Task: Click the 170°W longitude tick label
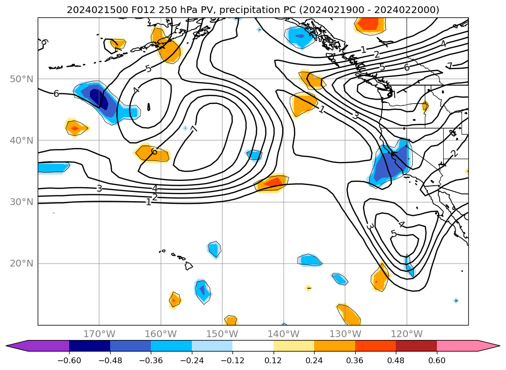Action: point(99,334)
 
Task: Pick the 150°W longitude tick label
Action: point(222,334)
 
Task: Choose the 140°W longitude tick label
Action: point(283,334)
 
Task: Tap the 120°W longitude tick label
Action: point(406,334)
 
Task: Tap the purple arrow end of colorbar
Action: point(17,346)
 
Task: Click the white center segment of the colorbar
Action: point(253,346)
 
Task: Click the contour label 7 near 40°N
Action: point(194,129)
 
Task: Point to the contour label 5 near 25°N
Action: point(393,234)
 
